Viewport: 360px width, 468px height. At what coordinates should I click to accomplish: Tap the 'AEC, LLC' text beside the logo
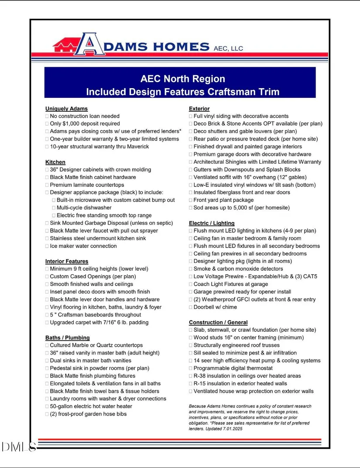[228, 48]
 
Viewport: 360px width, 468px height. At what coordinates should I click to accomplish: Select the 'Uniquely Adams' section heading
[66, 109]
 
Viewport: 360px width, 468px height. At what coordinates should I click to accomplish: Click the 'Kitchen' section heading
[55, 162]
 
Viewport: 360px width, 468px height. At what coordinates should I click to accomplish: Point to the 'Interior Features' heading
[67, 261]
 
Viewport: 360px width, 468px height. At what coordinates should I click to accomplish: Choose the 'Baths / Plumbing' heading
[68, 337]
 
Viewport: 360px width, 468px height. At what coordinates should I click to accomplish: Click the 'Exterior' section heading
[199, 109]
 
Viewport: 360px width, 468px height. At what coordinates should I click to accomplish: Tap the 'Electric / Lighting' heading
[212, 223]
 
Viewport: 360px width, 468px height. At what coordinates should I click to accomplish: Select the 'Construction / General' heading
[218, 322]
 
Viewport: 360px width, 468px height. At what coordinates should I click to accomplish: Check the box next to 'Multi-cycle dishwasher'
[54, 208]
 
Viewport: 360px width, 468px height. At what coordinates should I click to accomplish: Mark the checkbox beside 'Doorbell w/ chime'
[191, 307]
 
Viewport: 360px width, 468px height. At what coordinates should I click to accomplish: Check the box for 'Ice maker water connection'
[47, 246]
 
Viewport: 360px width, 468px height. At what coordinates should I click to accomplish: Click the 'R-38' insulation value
[201, 376]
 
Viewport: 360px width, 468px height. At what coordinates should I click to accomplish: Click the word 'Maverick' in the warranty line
[138, 147]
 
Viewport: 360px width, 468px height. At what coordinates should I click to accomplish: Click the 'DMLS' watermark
[18, 446]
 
